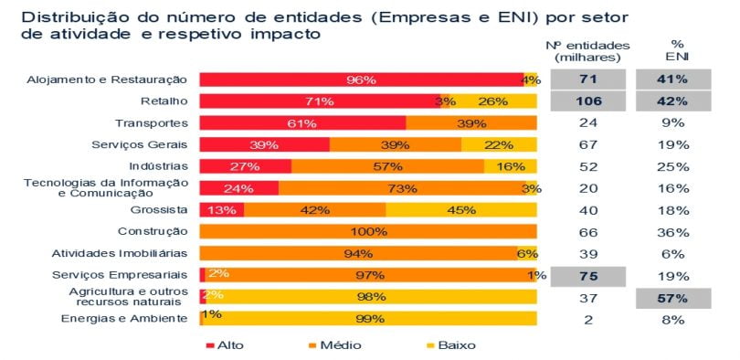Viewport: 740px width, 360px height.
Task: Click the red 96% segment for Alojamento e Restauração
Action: (x=361, y=80)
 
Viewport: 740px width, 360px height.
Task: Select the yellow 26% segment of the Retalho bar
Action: (x=493, y=101)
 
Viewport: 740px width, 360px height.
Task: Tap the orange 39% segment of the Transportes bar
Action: (x=470, y=123)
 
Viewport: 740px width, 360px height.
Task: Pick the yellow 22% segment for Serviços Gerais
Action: (x=499, y=144)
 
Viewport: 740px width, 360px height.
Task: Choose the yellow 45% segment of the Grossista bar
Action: (x=461, y=209)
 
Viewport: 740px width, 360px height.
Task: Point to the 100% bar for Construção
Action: (x=368, y=231)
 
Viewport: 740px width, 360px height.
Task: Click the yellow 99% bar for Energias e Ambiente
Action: (x=370, y=318)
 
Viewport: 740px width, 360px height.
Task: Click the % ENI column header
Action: (x=677, y=50)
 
